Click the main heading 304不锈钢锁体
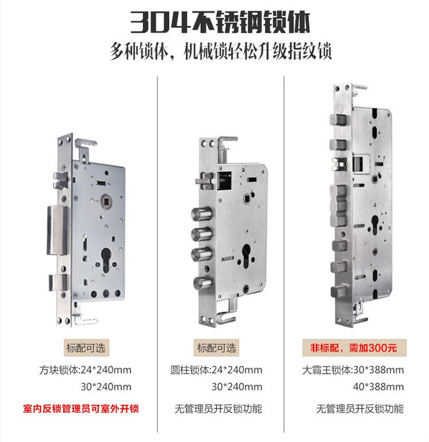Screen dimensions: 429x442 [220, 22]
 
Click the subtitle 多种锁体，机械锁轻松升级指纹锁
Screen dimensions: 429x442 [221, 51]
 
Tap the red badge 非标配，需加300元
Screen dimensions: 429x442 [354, 348]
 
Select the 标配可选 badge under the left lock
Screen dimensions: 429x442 [86, 348]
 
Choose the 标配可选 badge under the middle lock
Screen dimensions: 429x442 [216, 348]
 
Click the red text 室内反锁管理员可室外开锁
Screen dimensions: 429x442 [81, 408]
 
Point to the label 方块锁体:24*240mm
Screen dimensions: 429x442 [85, 370]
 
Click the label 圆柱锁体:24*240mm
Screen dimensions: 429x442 [216, 370]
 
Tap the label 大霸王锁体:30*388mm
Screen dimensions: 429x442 [353, 370]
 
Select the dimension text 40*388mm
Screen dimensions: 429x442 [379, 387]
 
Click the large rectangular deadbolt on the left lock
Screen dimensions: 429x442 [57, 230]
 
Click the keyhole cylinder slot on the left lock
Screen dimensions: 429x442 [106, 260]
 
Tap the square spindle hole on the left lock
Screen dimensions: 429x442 [106, 201]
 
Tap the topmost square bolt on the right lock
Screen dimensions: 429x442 [338, 119]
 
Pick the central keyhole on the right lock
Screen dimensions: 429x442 [375, 224]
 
